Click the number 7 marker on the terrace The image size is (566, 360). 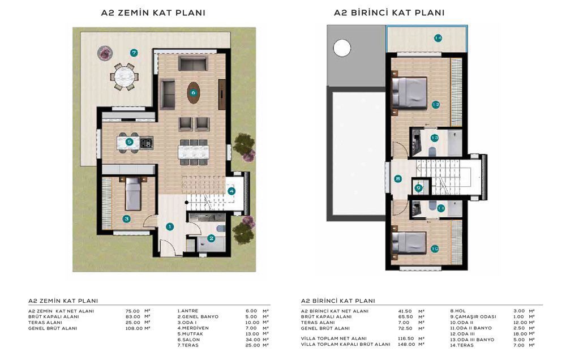[134, 53]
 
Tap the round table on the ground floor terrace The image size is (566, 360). [124, 76]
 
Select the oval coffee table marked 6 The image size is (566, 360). [194, 93]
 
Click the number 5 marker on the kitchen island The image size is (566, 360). [129, 142]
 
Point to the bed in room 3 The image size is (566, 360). [133, 194]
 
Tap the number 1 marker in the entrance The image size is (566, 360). [170, 227]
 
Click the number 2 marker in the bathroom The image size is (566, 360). [211, 238]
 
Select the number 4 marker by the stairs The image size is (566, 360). [231, 191]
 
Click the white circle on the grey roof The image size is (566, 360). [342, 48]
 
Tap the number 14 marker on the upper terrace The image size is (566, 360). [438, 38]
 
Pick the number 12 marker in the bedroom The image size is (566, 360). [436, 105]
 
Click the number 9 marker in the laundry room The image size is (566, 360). [418, 188]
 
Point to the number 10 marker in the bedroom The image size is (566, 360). [435, 249]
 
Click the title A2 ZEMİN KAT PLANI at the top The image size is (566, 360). [153, 13]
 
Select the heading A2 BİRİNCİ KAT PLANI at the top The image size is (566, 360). [389, 13]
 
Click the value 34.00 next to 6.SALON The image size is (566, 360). [252, 340]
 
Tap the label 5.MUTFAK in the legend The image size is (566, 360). [190, 334]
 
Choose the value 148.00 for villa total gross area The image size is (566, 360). [406, 345]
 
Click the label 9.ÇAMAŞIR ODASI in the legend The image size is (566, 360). [473, 316]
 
